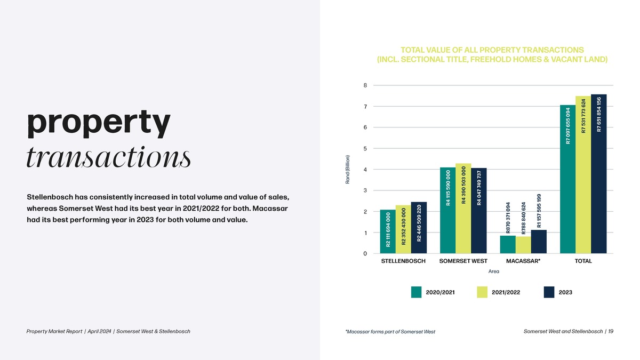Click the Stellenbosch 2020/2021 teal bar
[x=388, y=231]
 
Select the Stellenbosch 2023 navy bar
[x=419, y=228]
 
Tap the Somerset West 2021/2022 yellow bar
[x=463, y=208]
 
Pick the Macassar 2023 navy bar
[x=539, y=242]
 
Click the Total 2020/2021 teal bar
[x=568, y=179]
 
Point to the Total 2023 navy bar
[x=599, y=174]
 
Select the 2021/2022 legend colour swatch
[x=482, y=292]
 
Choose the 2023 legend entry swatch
[x=549, y=292]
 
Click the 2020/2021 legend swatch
[x=417, y=292]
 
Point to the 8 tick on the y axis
[x=365, y=85]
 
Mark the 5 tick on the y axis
[x=365, y=148]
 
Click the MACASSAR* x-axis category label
[x=523, y=261]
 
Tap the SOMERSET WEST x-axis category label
[x=463, y=261]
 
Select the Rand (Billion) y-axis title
[x=347, y=169]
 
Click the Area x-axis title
[x=493, y=271]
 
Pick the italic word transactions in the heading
[x=108, y=157]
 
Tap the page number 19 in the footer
[x=610, y=331]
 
